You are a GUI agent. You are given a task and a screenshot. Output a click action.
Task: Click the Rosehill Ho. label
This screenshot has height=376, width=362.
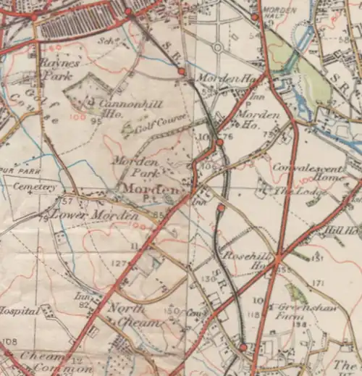(251, 260)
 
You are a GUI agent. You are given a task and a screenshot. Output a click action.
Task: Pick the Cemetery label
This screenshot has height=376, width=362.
(35, 187)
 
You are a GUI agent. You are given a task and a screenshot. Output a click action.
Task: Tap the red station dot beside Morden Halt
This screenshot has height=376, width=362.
(255, 17)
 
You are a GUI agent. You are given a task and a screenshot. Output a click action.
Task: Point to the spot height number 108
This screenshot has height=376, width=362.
(9, 341)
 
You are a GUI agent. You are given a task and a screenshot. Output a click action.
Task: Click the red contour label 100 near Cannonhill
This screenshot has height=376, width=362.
(76, 116)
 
